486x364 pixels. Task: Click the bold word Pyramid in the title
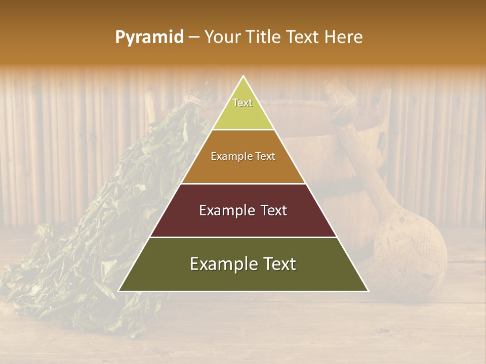pyautogui.click(x=149, y=37)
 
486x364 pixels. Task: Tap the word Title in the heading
pyautogui.click(x=265, y=37)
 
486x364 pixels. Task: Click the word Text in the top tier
pyautogui.click(x=242, y=103)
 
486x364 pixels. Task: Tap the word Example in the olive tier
pyautogui.click(x=223, y=264)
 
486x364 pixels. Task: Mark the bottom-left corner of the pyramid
pyautogui.click(x=119, y=291)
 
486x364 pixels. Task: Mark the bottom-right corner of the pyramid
pyautogui.click(x=368, y=291)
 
